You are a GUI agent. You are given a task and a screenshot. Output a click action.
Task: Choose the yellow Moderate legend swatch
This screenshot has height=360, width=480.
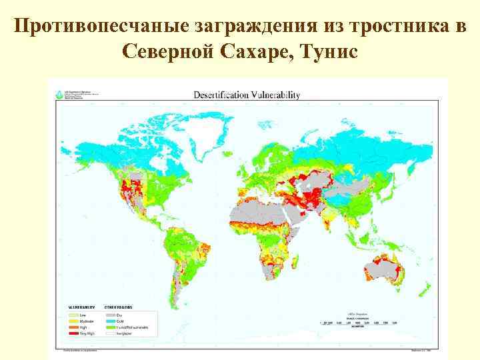(x=73, y=321)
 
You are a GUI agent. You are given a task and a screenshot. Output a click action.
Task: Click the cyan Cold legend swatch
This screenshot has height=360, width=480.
(x=109, y=321)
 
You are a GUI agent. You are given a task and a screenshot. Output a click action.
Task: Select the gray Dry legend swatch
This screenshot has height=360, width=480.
(x=109, y=315)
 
